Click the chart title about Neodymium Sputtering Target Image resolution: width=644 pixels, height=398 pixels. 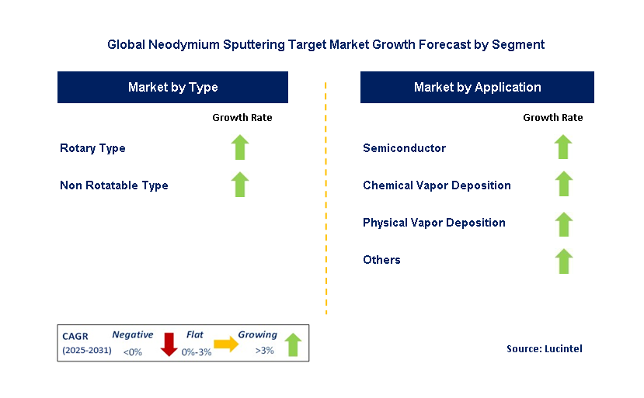coord(325,45)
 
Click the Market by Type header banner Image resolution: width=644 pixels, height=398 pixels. coord(172,88)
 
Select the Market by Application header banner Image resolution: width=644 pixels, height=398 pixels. coord(477,88)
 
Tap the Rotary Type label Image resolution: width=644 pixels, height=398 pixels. coord(92,148)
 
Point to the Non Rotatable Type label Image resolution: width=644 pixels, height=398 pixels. coord(114,185)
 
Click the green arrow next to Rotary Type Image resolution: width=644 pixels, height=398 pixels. coord(241,147)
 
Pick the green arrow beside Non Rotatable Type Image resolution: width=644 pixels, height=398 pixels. coord(241,185)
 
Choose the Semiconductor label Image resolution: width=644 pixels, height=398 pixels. coord(404,148)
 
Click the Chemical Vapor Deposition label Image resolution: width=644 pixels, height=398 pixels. coord(437,185)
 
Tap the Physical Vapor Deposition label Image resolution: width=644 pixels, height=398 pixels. coord(433,223)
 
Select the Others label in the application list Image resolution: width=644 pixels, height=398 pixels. coord(381,260)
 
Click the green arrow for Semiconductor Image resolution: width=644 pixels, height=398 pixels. coord(563,147)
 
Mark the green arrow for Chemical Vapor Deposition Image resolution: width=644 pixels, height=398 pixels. coord(563,185)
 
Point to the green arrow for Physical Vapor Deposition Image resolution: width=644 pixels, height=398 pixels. coord(563,224)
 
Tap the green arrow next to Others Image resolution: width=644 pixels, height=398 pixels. coord(563,261)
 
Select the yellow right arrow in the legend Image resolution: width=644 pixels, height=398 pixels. coord(226,344)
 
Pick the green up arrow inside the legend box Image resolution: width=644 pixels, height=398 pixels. coord(292,344)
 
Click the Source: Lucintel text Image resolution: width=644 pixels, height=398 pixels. coord(544,349)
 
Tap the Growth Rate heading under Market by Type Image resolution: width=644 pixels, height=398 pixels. coord(242,118)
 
